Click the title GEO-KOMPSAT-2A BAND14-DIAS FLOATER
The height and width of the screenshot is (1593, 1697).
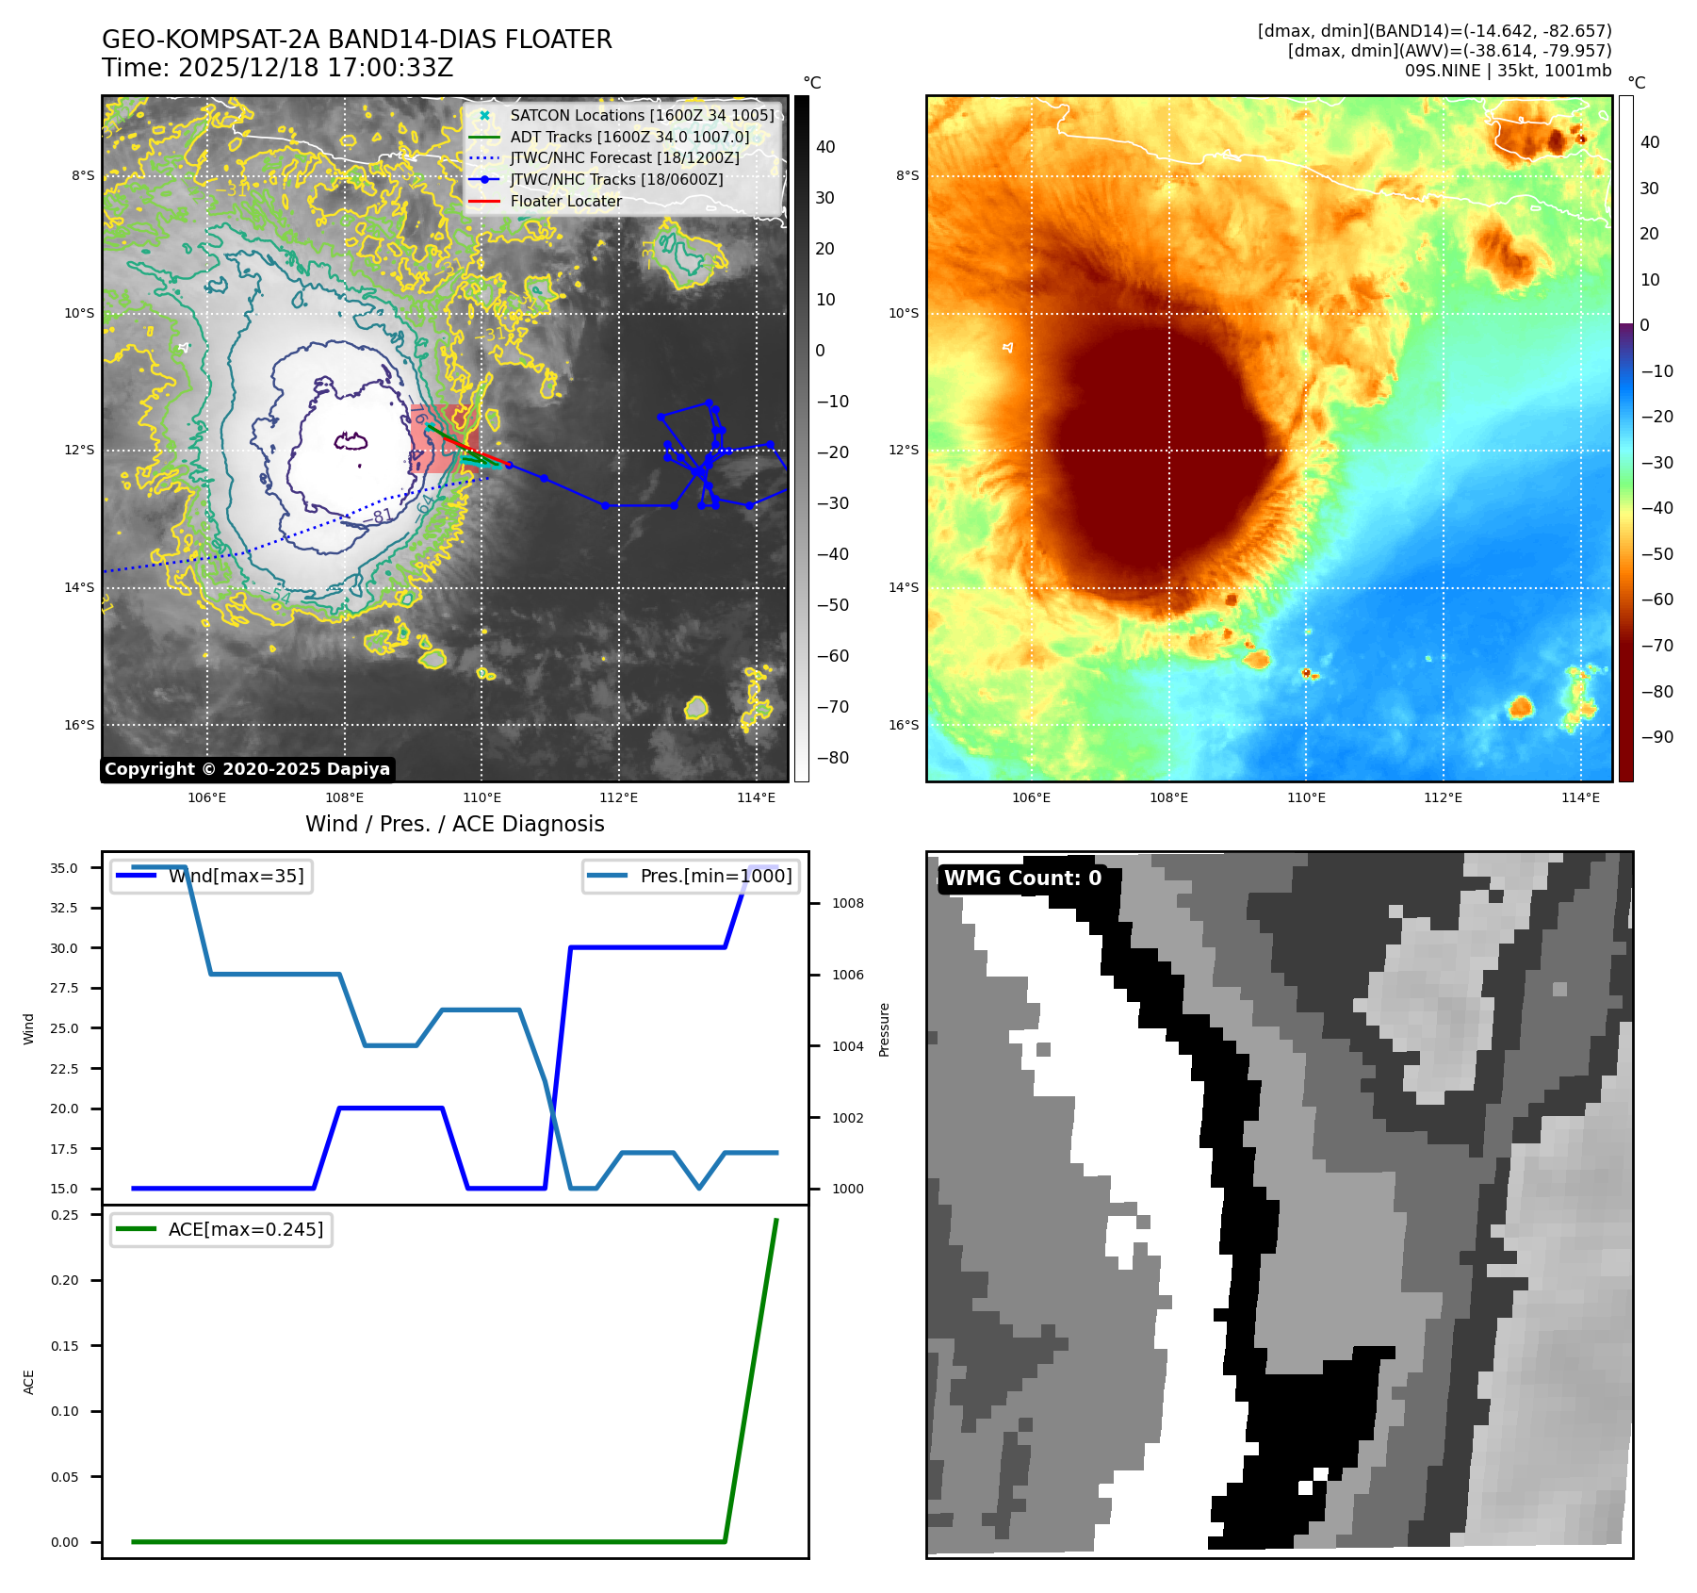pos(356,40)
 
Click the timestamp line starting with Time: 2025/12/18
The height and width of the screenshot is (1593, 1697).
pos(277,69)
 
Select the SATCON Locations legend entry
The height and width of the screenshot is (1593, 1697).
pos(641,115)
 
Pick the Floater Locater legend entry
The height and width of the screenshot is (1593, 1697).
pos(565,201)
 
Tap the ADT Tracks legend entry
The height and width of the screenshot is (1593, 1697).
pos(629,137)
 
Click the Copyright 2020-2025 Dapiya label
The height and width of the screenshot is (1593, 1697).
pos(247,769)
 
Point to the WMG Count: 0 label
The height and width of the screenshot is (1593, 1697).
pos(1022,879)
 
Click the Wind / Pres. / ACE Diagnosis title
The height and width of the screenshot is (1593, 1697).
pos(454,824)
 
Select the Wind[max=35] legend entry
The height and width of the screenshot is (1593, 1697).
pos(236,876)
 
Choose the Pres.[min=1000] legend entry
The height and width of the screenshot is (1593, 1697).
pos(715,876)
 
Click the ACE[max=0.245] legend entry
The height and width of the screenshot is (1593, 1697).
pos(245,1229)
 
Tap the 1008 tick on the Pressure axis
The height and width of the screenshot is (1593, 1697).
pos(847,903)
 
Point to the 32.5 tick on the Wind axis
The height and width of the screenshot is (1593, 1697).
pos(64,908)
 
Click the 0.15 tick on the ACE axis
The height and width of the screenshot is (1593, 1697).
pos(64,1346)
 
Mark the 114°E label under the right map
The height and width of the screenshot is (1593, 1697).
pos(1580,797)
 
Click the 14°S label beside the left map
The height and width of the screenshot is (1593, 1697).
pos(79,587)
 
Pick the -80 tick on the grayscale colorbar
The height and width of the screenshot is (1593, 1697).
pos(832,758)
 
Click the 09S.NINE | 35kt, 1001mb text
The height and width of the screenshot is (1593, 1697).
pos(1508,71)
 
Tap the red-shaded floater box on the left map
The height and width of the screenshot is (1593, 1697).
pos(443,438)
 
